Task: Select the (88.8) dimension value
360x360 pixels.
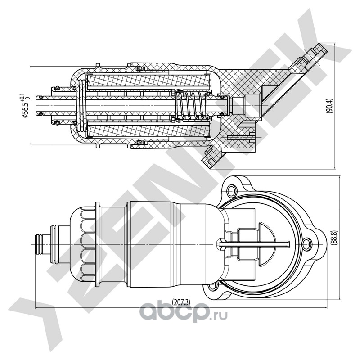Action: (x=334, y=236)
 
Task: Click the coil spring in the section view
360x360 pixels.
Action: (x=189, y=108)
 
